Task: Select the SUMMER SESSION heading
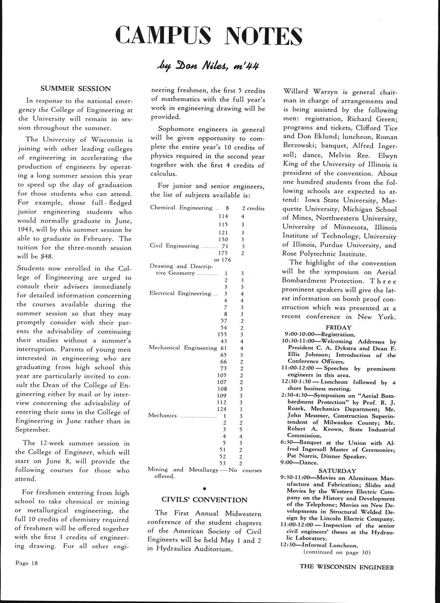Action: [76, 89]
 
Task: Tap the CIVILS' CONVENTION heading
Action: [204, 499]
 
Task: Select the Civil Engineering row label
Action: [174, 246]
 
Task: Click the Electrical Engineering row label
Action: [180, 293]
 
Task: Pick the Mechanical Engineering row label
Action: [183, 348]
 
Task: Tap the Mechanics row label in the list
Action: [163, 416]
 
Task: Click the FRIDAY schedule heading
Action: [339, 327]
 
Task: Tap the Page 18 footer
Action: [27, 563]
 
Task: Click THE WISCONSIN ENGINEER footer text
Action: [347, 568]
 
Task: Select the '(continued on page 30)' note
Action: [337, 552]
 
